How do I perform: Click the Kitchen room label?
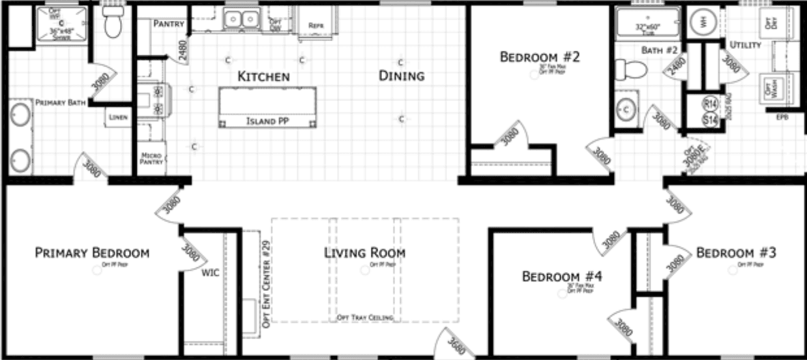pyautogui.click(x=263, y=77)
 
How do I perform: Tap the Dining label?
pyautogui.click(x=402, y=76)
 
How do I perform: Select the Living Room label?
pyautogui.click(x=365, y=252)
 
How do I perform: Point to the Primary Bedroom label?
pyautogui.click(x=92, y=253)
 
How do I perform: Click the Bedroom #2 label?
pyautogui.click(x=540, y=57)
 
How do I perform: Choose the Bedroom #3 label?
pyautogui.click(x=736, y=252)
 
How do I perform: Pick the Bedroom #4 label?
pyautogui.click(x=562, y=277)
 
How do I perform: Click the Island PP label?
pyautogui.click(x=267, y=121)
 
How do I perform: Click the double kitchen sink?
pyautogui.click(x=241, y=20)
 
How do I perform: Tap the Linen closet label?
pyautogui.click(x=119, y=117)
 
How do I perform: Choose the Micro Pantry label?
pyautogui.click(x=151, y=158)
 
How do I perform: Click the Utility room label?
pyautogui.click(x=744, y=45)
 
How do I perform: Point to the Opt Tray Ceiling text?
pyautogui.click(x=365, y=318)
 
